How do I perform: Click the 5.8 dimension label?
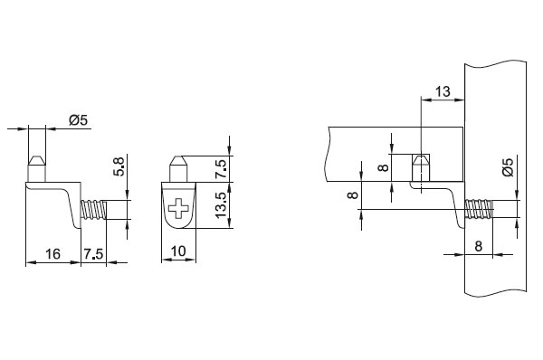[x=119, y=166]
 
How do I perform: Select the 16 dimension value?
[x=53, y=254]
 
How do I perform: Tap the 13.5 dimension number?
[x=221, y=205]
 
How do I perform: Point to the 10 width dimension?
[x=178, y=251]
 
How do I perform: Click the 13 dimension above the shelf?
[x=443, y=91]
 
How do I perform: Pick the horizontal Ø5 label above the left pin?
[x=79, y=120]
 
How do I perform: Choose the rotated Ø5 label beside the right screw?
[x=508, y=167]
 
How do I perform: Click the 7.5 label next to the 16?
[x=93, y=254]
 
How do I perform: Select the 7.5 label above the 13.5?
[x=221, y=169]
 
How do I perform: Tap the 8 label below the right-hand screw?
[x=478, y=246]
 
